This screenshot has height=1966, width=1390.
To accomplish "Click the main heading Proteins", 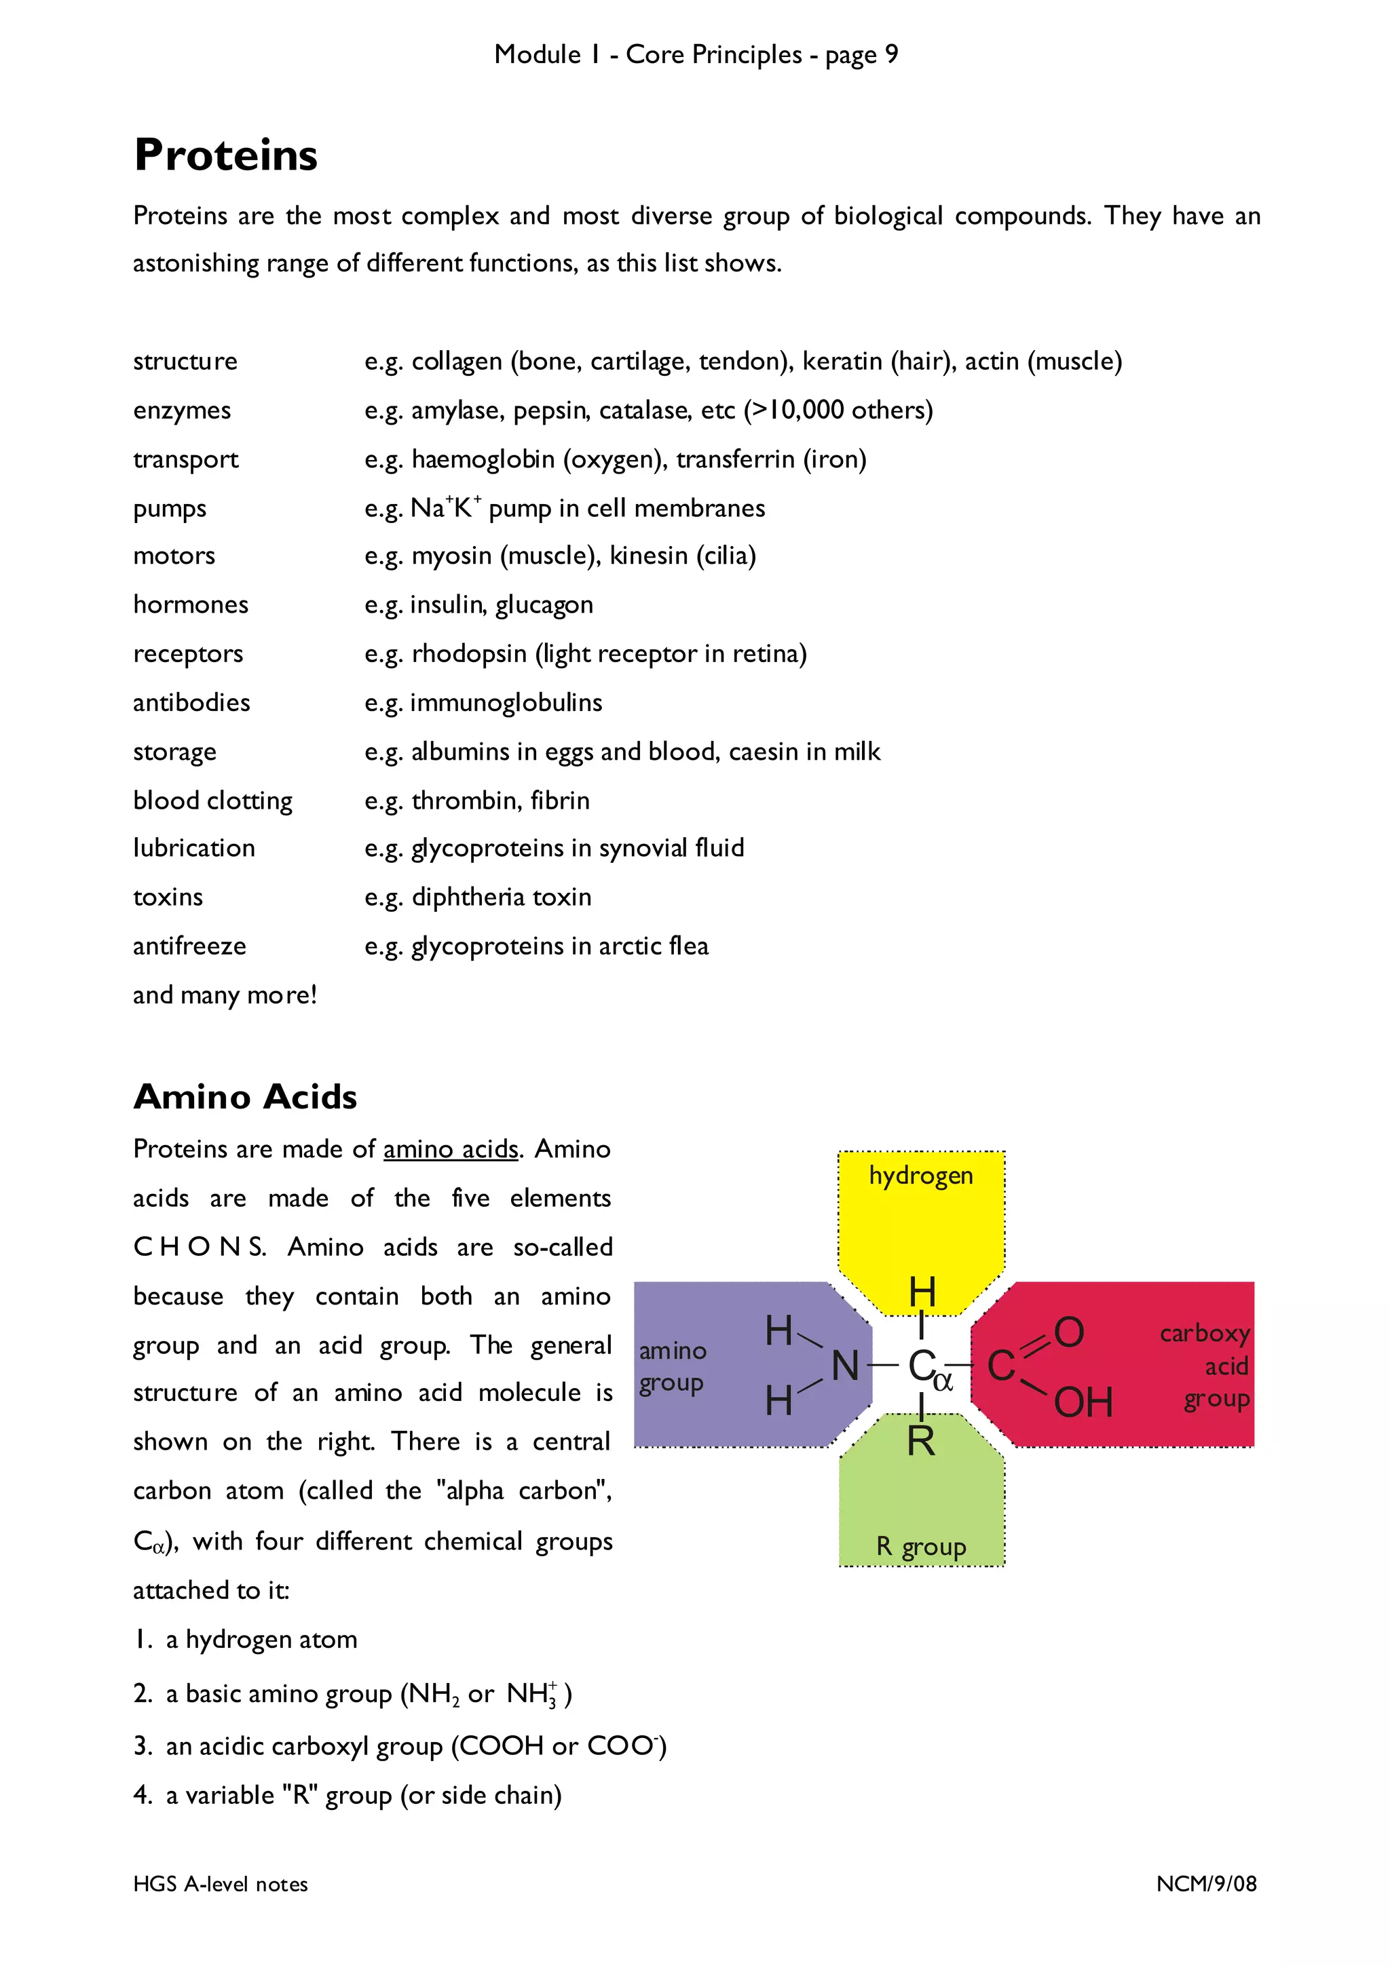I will click(225, 156).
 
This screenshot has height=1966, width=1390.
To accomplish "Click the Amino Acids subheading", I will click(245, 1097).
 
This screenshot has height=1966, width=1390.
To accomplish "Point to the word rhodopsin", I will click(468, 654).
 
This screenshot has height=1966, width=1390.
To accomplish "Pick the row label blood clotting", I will click(212, 801).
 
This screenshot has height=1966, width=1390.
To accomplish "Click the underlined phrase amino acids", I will click(451, 1149).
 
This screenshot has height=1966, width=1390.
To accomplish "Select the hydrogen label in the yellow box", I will click(921, 1176).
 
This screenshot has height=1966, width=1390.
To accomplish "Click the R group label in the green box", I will click(921, 1547).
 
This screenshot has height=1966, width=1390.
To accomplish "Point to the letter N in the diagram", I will click(845, 1366).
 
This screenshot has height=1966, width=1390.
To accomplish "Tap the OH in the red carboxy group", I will click(1083, 1402).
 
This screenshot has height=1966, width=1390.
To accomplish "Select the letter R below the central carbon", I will click(921, 1441).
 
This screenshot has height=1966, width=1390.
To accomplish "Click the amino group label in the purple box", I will click(673, 1366).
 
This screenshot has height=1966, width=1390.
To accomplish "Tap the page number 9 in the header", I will click(892, 55).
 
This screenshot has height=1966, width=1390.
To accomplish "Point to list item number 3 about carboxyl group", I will click(399, 1746).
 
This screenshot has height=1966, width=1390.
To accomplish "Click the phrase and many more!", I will click(225, 995).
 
